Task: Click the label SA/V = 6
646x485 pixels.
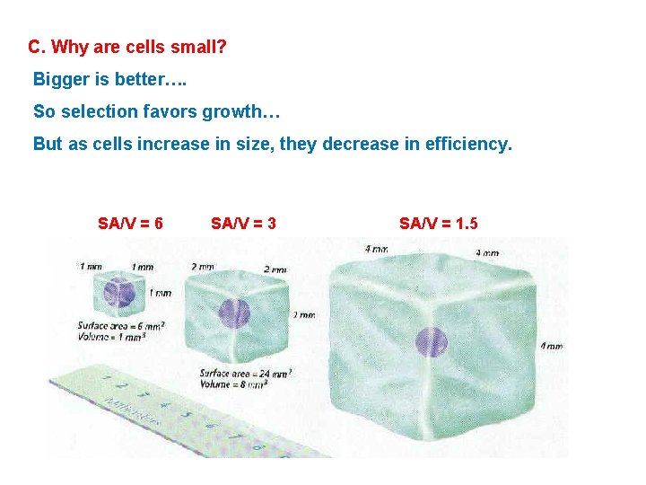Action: pyautogui.click(x=130, y=223)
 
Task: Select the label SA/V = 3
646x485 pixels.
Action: pyautogui.click(x=243, y=223)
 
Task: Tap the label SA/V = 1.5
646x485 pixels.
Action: pyautogui.click(x=439, y=223)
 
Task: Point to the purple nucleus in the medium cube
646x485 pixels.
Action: pyautogui.click(x=233, y=313)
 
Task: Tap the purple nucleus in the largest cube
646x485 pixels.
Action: pyautogui.click(x=431, y=342)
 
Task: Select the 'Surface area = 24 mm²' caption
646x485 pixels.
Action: pyautogui.click(x=245, y=373)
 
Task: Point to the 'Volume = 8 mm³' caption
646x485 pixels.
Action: pyautogui.click(x=232, y=384)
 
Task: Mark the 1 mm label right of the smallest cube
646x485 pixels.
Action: pyautogui.click(x=160, y=293)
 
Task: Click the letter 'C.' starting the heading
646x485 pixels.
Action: pyautogui.click(x=37, y=46)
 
